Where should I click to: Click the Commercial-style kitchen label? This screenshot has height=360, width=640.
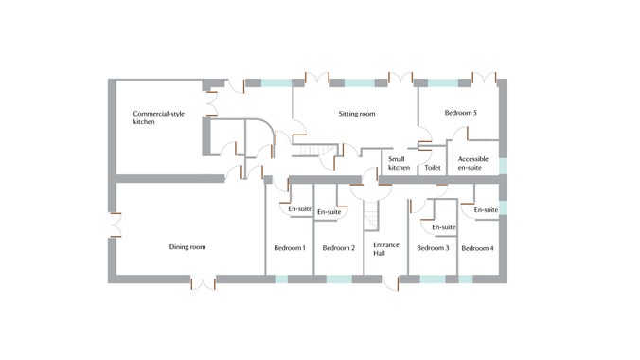156,117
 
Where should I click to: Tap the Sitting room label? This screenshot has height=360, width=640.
357,114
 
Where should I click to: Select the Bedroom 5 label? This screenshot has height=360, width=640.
460,113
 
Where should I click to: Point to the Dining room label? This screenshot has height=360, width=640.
187,247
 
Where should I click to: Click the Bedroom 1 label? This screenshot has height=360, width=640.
289,248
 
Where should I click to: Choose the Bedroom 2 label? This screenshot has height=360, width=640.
338,248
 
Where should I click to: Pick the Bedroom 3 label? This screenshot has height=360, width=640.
433,248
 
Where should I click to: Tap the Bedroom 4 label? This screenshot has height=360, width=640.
477,248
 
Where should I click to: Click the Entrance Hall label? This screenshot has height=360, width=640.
386,248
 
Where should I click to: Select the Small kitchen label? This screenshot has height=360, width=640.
399,163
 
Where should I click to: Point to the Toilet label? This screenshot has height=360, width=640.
433,167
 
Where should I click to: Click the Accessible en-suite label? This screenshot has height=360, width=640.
472,163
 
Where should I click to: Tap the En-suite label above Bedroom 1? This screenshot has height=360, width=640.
299,208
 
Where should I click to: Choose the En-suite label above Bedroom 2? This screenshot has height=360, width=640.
329,212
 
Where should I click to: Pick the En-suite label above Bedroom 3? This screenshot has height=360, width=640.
443,227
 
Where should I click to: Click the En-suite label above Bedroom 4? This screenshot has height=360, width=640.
485,209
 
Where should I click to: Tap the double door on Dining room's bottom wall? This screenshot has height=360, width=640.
204,281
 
